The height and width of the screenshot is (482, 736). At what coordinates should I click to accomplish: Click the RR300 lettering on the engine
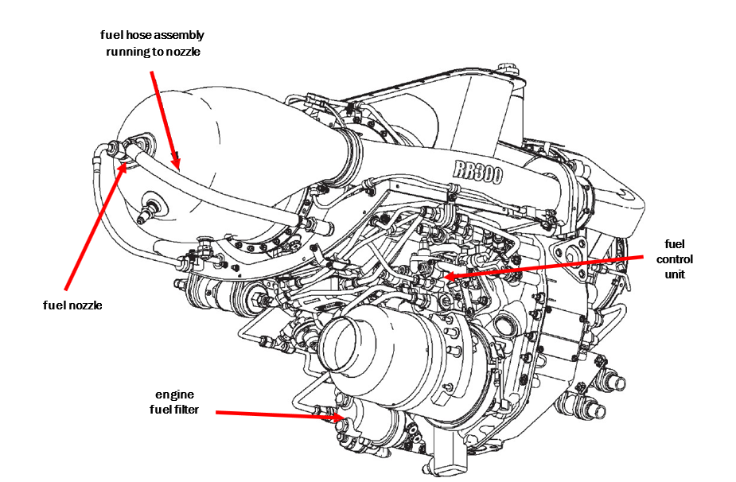(477, 171)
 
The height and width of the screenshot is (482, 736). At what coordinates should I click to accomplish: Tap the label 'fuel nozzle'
(73, 305)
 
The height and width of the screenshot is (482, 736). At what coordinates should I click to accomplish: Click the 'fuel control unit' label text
(676, 259)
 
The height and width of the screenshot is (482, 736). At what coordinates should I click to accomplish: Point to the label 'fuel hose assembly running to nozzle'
(152, 42)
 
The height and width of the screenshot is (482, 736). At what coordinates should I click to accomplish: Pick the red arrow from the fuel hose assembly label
(165, 119)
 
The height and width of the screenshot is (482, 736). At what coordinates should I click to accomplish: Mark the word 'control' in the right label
(676, 259)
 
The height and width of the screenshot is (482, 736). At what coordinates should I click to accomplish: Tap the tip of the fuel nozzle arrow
(124, 164)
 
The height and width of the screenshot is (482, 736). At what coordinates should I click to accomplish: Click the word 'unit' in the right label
(676, 274)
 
